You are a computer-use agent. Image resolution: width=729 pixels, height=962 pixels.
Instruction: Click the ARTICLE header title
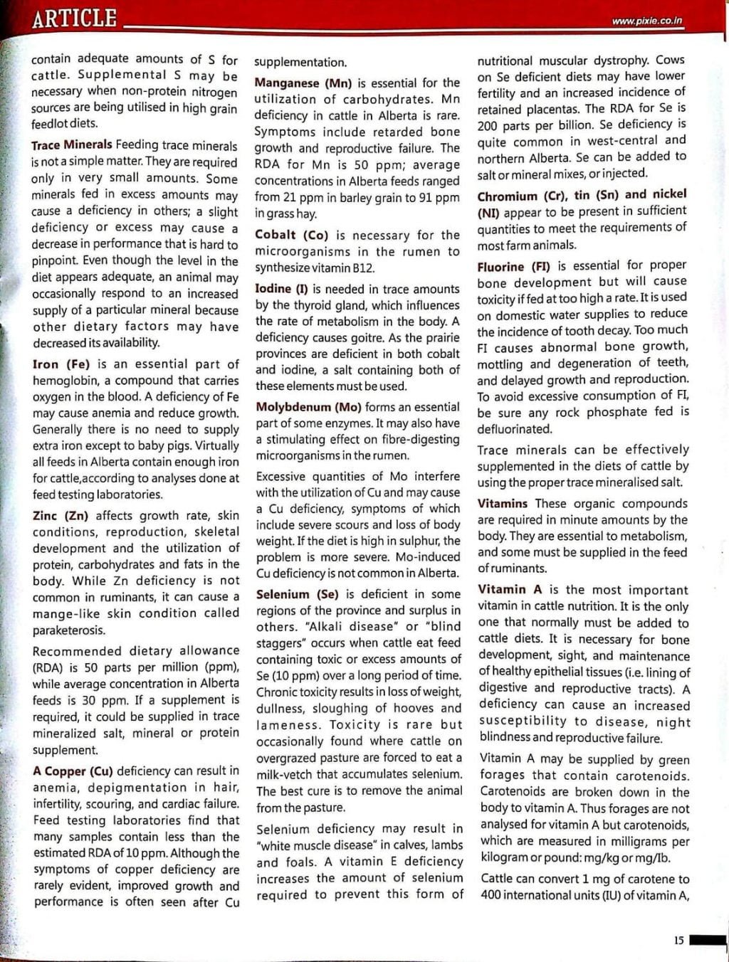point(74,18)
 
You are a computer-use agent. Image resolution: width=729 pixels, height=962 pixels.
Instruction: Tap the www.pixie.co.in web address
point(646,21)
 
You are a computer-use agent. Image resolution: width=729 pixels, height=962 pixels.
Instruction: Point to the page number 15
point(678,940)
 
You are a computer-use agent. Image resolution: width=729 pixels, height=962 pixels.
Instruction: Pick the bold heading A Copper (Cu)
point(73,771)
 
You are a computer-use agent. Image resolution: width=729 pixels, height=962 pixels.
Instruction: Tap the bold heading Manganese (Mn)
point(303,83)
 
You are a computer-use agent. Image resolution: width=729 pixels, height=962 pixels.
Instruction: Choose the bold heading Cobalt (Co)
point(290,236)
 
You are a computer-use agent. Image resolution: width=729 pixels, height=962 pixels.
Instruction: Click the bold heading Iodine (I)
point(283,289)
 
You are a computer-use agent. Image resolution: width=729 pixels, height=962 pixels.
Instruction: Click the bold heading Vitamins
point(503,504)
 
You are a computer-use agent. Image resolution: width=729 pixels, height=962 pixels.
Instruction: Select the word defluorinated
point(514,429)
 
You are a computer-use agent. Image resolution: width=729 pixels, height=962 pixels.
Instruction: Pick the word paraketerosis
point(69,630)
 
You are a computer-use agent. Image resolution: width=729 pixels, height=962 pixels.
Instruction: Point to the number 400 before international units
point(490,895)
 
